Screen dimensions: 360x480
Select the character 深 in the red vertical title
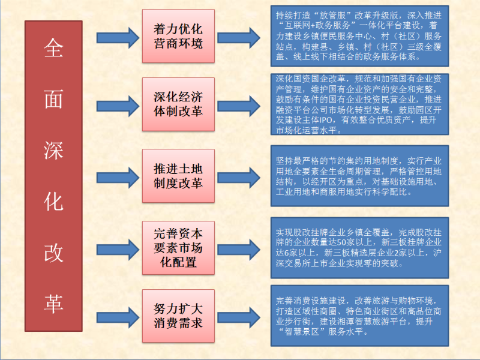click(x=53, y=152)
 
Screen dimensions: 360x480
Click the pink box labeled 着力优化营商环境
click(x=178, y=36)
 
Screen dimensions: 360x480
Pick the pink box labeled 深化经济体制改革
click(x=178, y=104)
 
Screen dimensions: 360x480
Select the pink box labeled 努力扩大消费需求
click(x=178, y=315)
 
